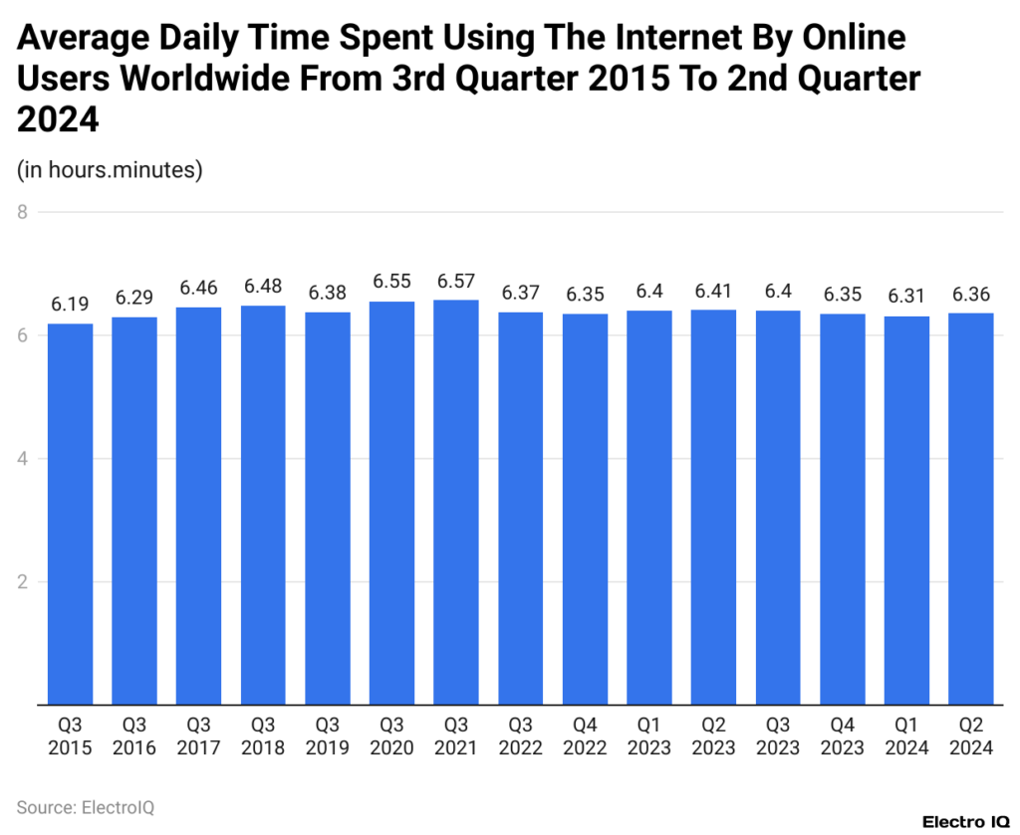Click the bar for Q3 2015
point(70,514)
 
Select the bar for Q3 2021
point(456,502)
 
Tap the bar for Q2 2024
point(971,509)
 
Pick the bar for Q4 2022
point(585,509)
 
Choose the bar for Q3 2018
point(263,505)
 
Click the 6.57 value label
point(456,283)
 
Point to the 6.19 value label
point(70,306)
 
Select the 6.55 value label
point(391,284)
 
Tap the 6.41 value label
point(713,293)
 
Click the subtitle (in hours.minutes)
point(110,170)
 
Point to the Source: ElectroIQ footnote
point(86,806)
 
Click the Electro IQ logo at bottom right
point(965,822)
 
